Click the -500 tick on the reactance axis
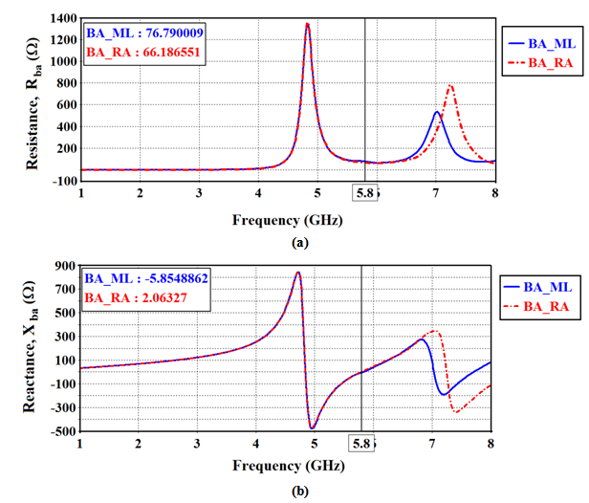tap(64, 431)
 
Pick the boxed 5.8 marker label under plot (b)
tap(361, 445)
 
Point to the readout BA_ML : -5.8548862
tap(145, 277)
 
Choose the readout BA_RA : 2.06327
tap(133, 298)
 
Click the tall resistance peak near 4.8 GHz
tap(307, 25)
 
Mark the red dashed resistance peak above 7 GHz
tap(450, 86)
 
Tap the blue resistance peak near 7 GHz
tap(437, 113)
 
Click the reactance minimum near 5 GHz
tap(312, 427)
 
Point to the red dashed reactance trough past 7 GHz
tap(456, 413)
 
